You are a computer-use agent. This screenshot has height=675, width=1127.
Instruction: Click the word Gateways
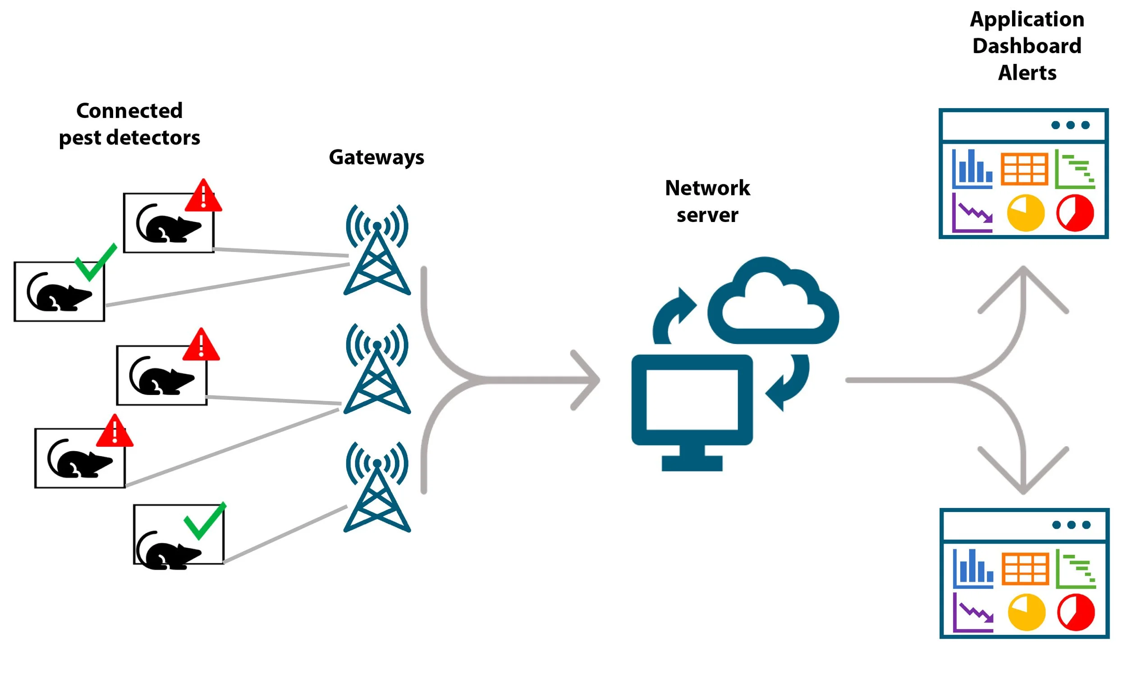click(x=376, y=157)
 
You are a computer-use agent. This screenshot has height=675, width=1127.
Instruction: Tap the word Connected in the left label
click(x=129, y=111)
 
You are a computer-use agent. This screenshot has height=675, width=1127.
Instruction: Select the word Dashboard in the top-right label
click(x=1026, y=46)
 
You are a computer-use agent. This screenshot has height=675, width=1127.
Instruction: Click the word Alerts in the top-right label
click(x=1027, y=73)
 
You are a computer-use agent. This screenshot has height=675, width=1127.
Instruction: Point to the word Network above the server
click(x=707, y=188)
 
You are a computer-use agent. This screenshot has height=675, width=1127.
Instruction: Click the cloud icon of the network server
click(x=773, y=303)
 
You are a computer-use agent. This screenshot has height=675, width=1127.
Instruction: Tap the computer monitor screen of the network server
click(x=692, y=400)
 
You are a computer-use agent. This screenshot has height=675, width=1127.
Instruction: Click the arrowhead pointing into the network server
click(x=587, y=380)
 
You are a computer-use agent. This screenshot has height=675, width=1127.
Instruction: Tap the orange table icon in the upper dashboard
click(x=1024, y=169)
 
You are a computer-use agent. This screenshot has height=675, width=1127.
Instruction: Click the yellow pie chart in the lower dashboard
click(x=1026, y=612)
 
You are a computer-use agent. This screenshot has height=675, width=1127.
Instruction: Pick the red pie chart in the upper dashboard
click(x=1075, y=213)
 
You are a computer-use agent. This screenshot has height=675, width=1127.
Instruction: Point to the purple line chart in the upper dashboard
click(x=972, y=213)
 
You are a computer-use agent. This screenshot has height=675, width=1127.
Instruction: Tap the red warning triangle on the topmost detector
click(x=203, y=196)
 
